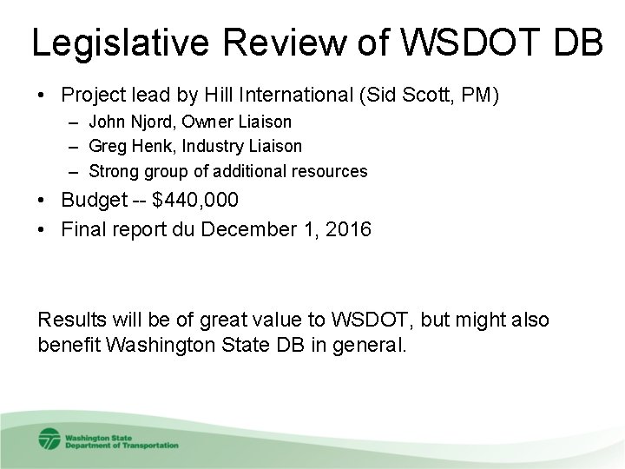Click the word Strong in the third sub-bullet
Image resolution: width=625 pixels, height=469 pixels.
click(x=113, y=171)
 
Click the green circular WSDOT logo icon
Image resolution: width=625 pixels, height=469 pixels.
click(x=49, y=439)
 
